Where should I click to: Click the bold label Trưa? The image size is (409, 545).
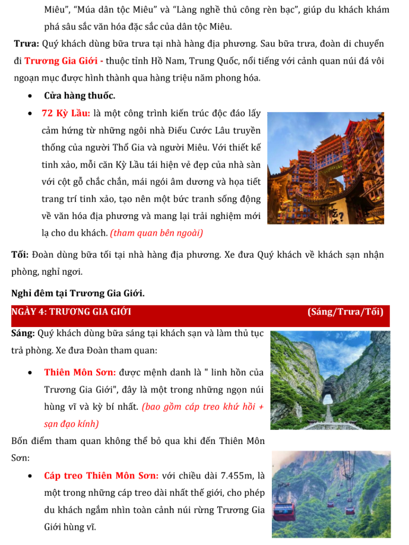[x=27, y=44]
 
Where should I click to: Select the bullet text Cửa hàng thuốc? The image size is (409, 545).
[x=80, y=96]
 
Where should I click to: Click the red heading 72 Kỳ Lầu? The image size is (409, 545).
[x=65, y=113]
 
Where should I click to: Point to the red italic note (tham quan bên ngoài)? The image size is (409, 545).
[x=157, y=233]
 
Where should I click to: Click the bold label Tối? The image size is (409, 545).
[x=20, y=255]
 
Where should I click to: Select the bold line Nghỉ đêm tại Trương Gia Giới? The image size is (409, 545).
[x=78, y=293]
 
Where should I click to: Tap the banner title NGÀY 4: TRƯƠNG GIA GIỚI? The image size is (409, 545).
[x=71, y=312]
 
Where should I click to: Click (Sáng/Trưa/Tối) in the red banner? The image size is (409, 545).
[x=345, y=312]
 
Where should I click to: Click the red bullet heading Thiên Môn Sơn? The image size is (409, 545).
[x=80, y=373]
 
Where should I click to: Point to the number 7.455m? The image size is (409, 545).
[x=236, y=476]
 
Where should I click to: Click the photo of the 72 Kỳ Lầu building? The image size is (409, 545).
[x=325, y=168]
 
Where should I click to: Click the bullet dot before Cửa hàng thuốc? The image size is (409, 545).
[x=30, y=96]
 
